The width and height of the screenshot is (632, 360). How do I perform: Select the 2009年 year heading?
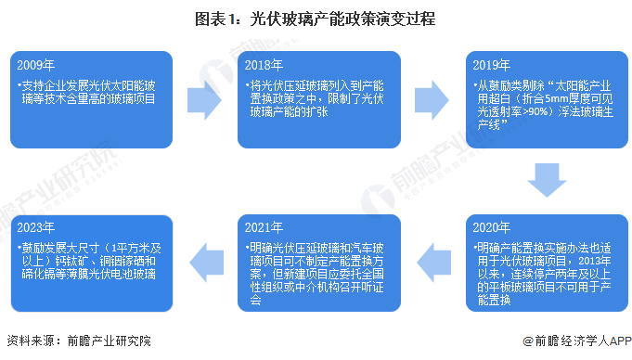36,65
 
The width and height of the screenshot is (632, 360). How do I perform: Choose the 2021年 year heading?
265,226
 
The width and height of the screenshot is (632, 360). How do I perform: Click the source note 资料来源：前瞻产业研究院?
78,341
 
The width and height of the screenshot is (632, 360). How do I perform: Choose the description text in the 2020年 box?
544,274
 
